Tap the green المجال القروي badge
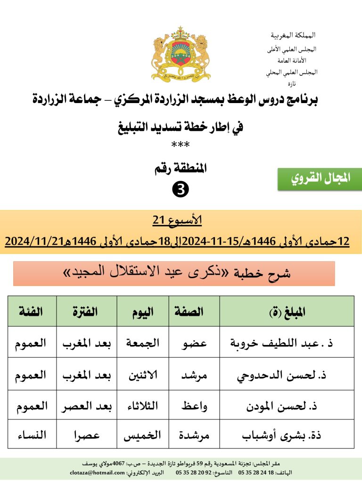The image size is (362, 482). point(320,179)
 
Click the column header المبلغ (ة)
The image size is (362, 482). point(287,312)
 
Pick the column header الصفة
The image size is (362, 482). point(194,312)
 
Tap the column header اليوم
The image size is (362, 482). point(143,312)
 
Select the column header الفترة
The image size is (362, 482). point(86,312)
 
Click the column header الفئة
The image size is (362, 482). point(32,312)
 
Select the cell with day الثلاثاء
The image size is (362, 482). point(143,406)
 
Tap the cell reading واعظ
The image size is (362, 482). point(194,406)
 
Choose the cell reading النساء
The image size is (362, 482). point(32,434)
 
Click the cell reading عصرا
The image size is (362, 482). point(86,434)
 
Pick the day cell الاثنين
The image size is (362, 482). point(143,375)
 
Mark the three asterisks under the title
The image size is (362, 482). point(181,145)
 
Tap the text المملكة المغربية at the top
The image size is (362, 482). point(293,35)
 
